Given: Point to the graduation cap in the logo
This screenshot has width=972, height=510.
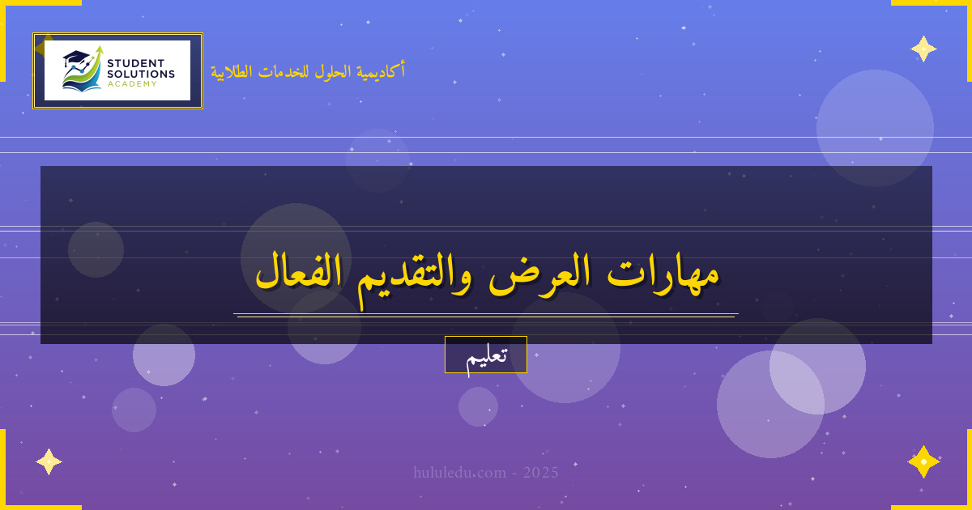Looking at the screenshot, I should point(75,58).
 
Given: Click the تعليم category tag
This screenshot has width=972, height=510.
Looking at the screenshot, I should point(486,355).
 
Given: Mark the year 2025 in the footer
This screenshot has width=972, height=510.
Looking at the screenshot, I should point(540,472).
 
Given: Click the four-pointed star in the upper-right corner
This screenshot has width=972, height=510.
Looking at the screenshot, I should point(923,49).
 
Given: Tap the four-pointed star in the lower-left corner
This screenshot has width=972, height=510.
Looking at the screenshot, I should point(49,461).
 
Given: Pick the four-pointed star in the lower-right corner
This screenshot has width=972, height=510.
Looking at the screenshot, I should point(923,461).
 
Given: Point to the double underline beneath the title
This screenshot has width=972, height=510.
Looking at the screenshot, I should point(486,315).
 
